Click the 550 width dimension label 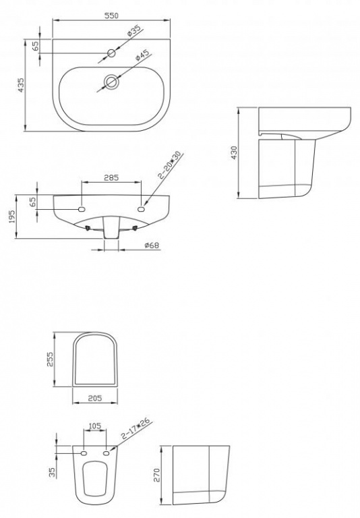click(x=112, y=16)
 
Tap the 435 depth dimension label click(x=21, y=85)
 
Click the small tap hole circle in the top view click(x=111, y=53)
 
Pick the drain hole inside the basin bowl click(x=111, y=81)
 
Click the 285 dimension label click(x=111, y=178)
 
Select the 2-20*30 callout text click(x=170, y=165)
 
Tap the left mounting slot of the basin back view click(x=82, y=209)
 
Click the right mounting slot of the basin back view click(x=142, y=209)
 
